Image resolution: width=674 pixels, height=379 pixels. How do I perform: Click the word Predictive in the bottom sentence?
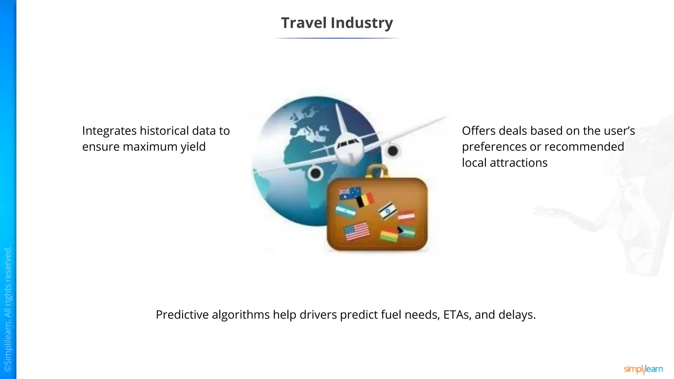click(x=182, y=315)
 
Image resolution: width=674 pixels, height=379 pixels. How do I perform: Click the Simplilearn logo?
click(x=643, y=369)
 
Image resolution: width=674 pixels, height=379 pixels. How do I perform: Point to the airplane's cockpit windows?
click(x=347, y=142)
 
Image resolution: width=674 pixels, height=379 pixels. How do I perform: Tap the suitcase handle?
click(x=377, y=171)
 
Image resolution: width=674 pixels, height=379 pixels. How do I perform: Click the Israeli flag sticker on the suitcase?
click(x=387, y=210)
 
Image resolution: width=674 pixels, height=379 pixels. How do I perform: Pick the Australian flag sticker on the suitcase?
click(x=350, y=193)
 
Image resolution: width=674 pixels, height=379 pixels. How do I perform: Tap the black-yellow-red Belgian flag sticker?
click(x=365, y=200)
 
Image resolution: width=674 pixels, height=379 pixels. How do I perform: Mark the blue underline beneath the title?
click(x=337, y=38)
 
